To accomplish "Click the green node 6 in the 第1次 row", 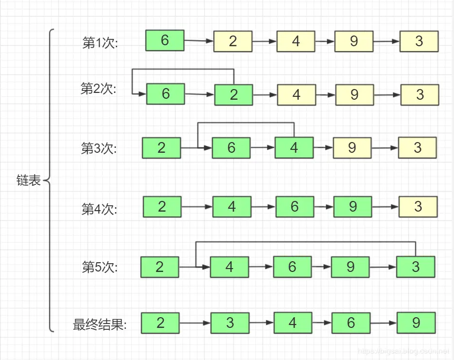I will click(x=165, y=40).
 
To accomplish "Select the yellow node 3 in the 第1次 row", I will click(x=419, y=41).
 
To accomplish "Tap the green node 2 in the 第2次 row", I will click(x=234, y=94).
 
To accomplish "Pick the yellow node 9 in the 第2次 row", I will click(x=354, y=94).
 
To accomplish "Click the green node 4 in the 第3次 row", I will click(x=294, y=147).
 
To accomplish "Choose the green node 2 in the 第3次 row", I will click(x=161, y=147).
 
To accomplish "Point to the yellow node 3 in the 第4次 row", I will click(x=418, y=207).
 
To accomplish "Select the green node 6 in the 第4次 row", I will click(x=295, y=207).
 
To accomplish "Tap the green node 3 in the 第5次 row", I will click(x=416, y=267).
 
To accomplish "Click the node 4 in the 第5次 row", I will click(x=229, y=267).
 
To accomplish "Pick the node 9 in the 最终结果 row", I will click(x=416, y=323).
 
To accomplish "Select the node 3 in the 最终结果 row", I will click(x=230, y=323).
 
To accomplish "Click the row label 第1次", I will click(x=100, y=43).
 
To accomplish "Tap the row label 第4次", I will click(x=99, y=209).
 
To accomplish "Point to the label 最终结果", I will click(x=100, y=325).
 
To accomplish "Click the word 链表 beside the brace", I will click(x=29, y=182).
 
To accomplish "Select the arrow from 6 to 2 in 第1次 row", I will click(x=199, y=41).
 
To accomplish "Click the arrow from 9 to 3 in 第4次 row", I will click(x=385, y=207).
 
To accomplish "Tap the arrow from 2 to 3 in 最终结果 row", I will click(x=195, y=323).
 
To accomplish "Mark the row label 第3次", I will click(x=99, y=148).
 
